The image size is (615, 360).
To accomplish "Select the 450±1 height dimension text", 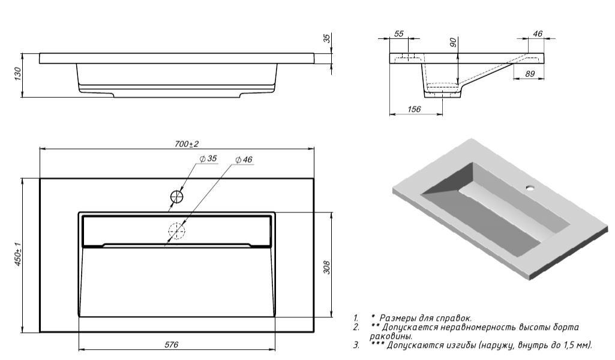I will (18, 254).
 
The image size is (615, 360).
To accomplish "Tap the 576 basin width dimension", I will (172, 344).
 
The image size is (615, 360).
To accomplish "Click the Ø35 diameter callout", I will (208, 159).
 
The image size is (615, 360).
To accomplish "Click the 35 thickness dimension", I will (326, 38).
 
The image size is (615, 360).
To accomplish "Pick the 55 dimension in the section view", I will (399, 34).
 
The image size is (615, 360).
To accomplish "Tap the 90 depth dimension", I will (454, 42).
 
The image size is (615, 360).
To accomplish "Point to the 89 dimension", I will (530, 73).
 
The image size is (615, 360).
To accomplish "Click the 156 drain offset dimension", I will (414, 109).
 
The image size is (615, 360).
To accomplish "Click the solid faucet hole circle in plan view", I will (177, 196).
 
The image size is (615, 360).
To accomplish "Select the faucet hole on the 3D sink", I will (530, 188).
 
